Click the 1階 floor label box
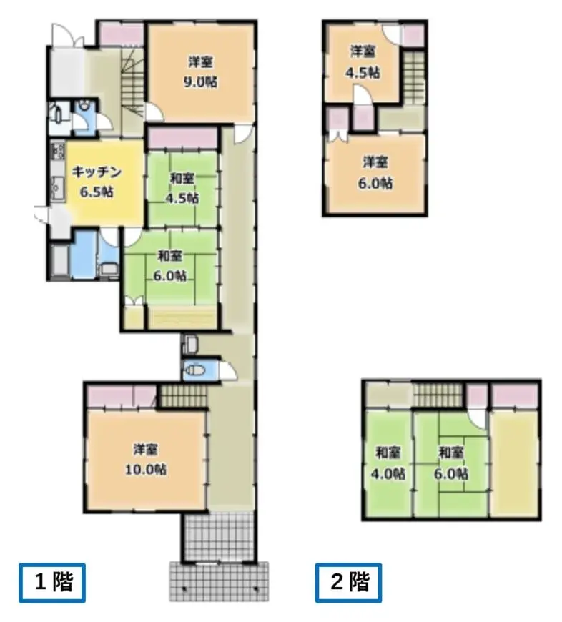tap(52, 583)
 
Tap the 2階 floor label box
tap(349, 583)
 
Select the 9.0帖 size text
tap(200, 82)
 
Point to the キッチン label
tap(97, 172)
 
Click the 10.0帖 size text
tap(146, 470)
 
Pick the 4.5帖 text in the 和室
tap(182, 198)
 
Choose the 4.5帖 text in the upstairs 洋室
tap(363, 73)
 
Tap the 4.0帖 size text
tap(388, 473)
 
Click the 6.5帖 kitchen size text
tap(97, 192)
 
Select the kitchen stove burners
tap(58, 151)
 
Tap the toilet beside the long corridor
tap(195, 371)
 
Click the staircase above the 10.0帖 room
tap(183, 395)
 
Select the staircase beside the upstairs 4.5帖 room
tap(415, 78)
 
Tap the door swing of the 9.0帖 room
tap(154, 112)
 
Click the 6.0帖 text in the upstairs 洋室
tap(375, 183)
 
